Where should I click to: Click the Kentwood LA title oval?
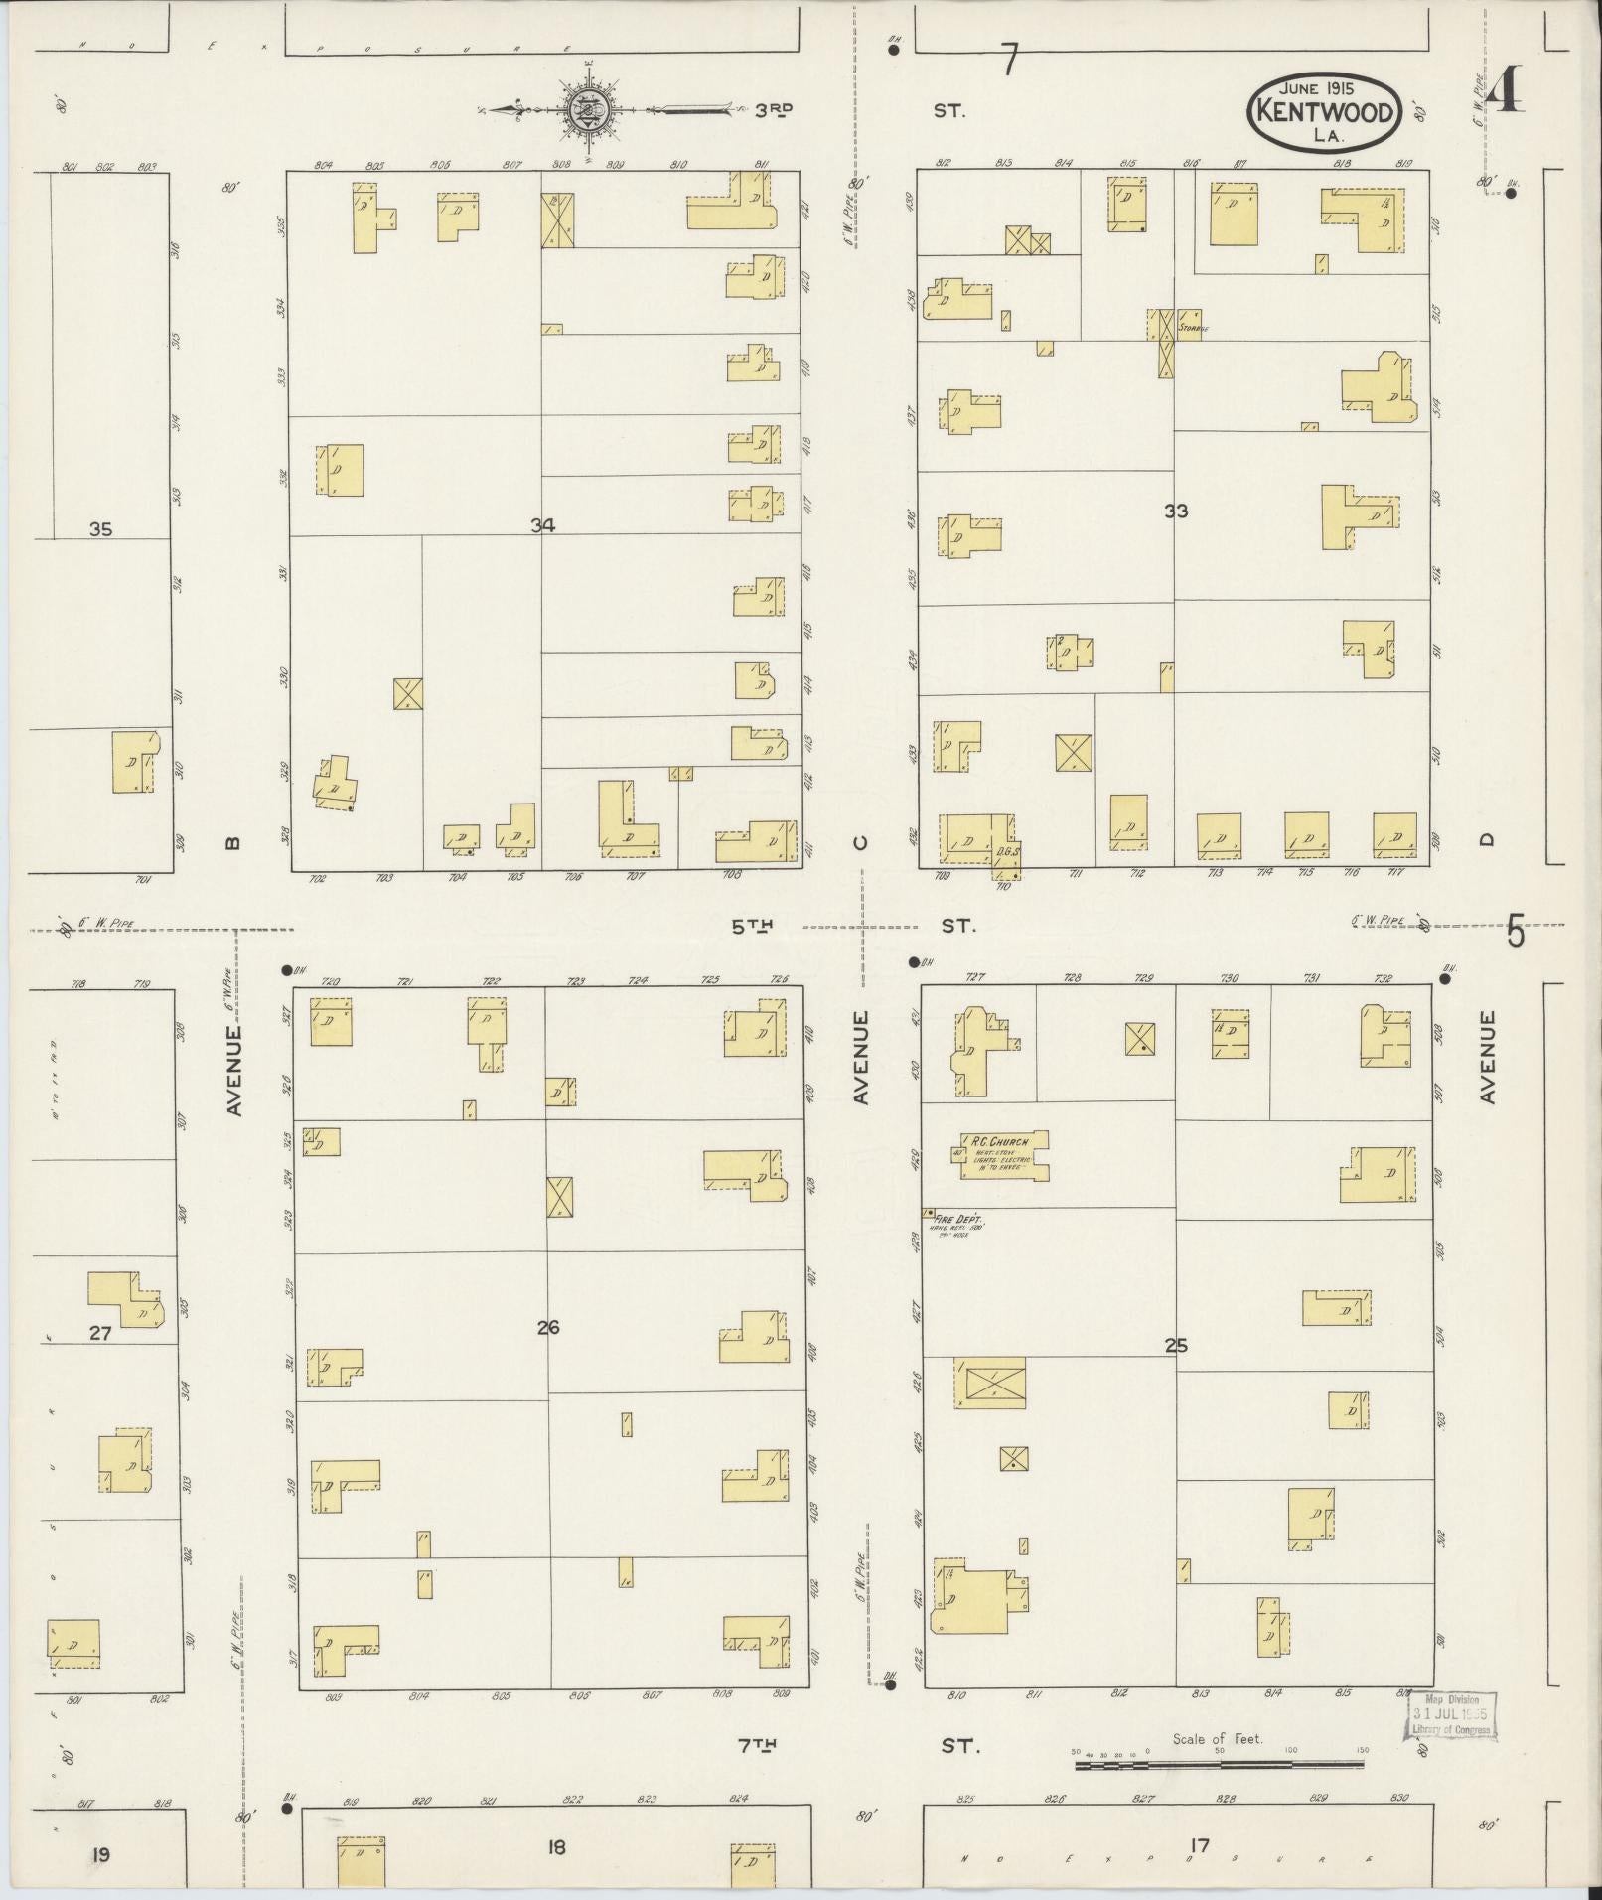point(1324,112)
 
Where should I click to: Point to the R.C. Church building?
point(1004,1155)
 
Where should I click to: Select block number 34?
point(542,526)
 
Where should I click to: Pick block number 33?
point(1176,512)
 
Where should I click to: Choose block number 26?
point(548,1327)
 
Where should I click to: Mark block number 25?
point(1176,1347)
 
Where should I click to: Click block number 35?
point(100,529)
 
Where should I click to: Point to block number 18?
point(555,1847)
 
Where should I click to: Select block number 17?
point(1199,1845)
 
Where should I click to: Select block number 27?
point(100,1333)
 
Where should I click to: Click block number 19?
point(100,1853)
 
